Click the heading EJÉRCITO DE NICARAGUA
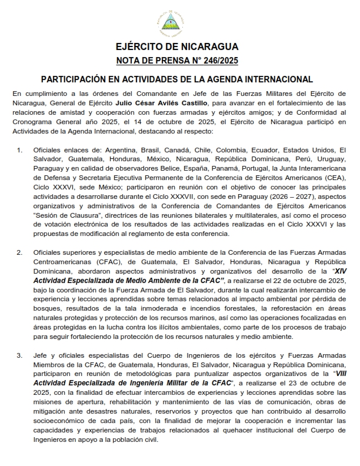177,47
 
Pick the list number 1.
19,150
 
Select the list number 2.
19,253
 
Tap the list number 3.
19,355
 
